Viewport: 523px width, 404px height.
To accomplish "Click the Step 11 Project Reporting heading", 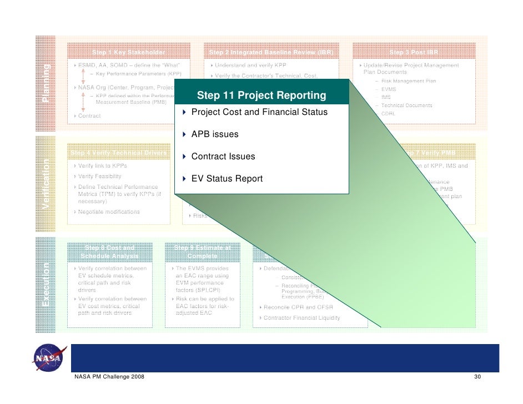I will [261, 95].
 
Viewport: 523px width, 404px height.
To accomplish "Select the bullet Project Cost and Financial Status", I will [259, 113].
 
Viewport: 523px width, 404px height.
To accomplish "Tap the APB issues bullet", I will [215, 134].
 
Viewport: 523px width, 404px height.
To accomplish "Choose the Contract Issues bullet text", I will [223, 156].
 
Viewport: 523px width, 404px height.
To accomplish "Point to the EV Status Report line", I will [227, 179].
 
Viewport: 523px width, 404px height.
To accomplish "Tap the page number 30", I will [476, 377].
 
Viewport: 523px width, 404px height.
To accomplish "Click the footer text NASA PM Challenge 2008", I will [109, 377].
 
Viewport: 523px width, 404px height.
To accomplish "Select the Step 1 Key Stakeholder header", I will [128, 53].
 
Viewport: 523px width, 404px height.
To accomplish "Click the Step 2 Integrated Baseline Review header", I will [271, 53].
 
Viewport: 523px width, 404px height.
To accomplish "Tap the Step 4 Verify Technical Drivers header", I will [118, 153].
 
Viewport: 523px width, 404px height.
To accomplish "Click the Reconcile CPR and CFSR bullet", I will [297, 307].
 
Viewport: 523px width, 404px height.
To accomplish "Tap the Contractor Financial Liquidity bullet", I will [301, 318].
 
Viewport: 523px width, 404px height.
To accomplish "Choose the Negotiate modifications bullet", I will [109, 212].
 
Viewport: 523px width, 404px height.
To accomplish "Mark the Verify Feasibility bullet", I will [99, 176].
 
